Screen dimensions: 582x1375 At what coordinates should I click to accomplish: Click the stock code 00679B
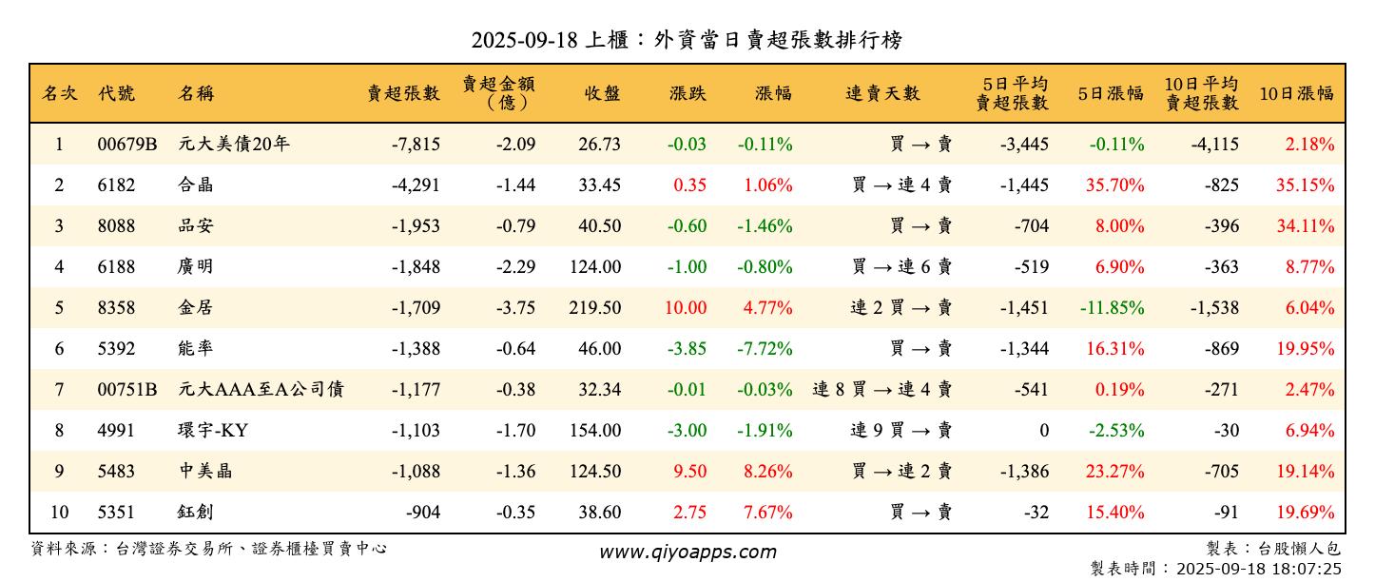(126, 145)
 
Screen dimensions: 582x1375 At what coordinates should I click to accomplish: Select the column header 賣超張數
(404, 93)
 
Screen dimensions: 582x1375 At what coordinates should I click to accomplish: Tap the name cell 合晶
(196, 185)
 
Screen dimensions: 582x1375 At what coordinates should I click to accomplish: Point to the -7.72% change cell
(765, 349)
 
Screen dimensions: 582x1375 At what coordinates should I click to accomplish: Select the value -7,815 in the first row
(416, 145)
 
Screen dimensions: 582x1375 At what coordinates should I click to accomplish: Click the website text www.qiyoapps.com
(687, 552)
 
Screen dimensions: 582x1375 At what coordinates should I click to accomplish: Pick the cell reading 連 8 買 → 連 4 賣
(881, 390)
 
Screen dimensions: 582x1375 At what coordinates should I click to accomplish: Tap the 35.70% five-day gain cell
(1114, 185)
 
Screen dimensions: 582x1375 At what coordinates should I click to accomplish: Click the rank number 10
(59, 513)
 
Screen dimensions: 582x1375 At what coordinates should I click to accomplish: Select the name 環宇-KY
(213, 431)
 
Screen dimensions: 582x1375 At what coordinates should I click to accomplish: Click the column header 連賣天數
(883, 93)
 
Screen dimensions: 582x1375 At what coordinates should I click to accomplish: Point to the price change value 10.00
(686, 308)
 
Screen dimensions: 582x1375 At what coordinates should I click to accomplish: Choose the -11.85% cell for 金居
(1112, 308)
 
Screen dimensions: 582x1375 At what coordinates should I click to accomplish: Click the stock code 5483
(116, 472)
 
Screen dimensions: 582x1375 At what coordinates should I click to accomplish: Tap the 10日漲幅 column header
(1296, 93)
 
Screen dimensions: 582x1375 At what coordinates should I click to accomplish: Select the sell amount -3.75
(515, 308)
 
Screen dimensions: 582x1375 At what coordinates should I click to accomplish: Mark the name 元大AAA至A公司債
(261, 390)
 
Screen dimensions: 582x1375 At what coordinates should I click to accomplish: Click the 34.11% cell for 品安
(1305, 226)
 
